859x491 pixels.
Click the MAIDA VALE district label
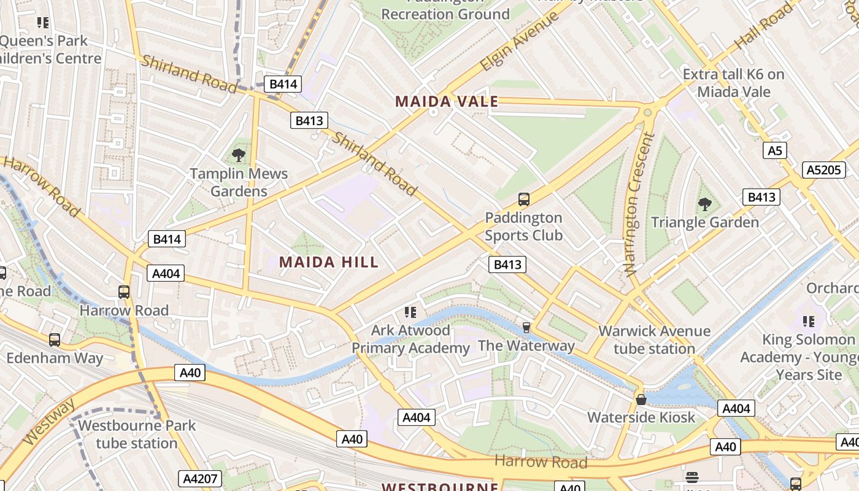pos(446,102)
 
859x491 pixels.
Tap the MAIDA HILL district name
pos(329,263)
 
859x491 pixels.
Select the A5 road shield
pos(776,150)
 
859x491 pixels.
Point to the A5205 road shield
pos(824,170)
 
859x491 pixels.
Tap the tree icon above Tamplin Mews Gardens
pos(239,155)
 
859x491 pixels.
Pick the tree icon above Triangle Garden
pos(704,204)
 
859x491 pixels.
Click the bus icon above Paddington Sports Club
pos(523,199)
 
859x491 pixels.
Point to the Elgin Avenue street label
pos(520,41)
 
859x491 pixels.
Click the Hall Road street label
pos(764,25)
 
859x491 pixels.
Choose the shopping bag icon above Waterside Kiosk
pos(641,400)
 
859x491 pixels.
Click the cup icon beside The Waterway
pos(526,328)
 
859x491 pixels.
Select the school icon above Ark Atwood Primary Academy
pos(410,312)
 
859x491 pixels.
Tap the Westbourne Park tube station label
pos(136,434)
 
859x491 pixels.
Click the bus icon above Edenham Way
pos(55,339)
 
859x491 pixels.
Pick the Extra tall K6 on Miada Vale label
pos(733,83)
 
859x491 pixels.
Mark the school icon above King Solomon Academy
pos(809,321)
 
